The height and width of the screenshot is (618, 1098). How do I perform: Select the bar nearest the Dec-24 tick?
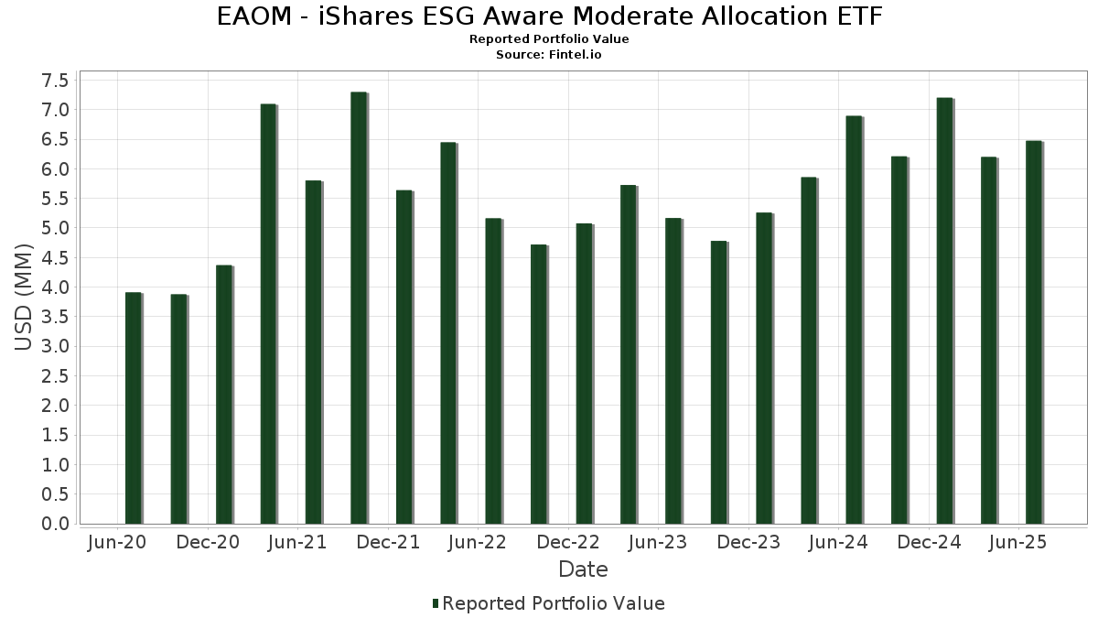pos(944,310)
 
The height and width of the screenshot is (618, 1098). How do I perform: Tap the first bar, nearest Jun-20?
pos(134,407)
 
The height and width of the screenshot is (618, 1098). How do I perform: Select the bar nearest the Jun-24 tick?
pos(854,320)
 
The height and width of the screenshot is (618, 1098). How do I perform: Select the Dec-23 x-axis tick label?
pos(748,543)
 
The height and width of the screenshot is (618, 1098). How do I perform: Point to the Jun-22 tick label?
pos(478,543)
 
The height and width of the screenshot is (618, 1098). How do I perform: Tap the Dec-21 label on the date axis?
pos(388,543)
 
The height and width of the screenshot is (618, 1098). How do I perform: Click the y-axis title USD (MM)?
pos(25,301)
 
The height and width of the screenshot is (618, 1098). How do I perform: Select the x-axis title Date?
pos(583,569)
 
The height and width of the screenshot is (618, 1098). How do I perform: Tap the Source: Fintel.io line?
pos(549,54)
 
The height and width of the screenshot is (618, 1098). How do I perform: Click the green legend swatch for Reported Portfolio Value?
pos(436,603)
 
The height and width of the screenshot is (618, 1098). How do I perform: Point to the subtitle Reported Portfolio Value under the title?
pos(549,39)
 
